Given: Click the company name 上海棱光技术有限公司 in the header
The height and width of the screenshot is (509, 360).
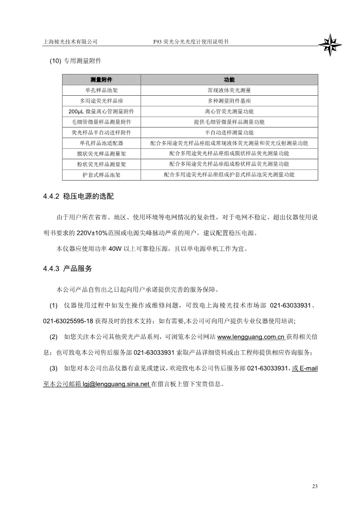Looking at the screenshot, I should pyautogui.click(x=70, y=41).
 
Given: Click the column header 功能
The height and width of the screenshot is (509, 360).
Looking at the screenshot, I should pyautogui.click(x=229, y=79).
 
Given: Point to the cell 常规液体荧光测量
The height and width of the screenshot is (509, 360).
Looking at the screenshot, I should pyautogui.click(x=229, y=90).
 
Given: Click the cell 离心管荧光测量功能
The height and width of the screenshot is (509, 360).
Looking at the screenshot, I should pyautogui.click(x=229, y=111).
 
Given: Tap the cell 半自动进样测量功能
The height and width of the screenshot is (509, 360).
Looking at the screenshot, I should pyautogui.click(x=229, y=132).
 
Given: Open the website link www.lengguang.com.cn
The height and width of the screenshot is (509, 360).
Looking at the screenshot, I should pyautogui.click(x=251, y=337).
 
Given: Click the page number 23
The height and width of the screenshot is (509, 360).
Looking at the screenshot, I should pyautogui.click(x=315, y=487).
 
